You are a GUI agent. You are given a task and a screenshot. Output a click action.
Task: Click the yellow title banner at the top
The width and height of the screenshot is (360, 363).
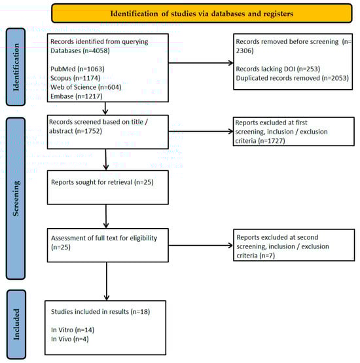tap(202, 13)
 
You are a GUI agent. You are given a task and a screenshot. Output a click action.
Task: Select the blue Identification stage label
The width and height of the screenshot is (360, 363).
tap(16, 67)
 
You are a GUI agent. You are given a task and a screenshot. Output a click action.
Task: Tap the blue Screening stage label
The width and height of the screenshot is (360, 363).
tap(16, 199)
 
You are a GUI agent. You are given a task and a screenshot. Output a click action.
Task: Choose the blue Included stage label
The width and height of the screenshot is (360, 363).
tap(16, 324)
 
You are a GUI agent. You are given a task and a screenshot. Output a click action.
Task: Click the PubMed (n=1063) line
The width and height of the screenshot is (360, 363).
tap(77, 69)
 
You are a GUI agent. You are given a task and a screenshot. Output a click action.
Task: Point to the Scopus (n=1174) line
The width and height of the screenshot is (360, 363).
tap(75, 78)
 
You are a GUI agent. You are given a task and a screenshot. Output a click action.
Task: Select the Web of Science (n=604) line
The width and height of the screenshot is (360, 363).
tap(86, 87)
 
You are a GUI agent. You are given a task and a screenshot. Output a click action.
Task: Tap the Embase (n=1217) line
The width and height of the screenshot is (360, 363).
tap(77, 96)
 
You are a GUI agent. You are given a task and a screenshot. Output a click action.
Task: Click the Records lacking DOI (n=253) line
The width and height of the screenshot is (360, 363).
tap(278, 69)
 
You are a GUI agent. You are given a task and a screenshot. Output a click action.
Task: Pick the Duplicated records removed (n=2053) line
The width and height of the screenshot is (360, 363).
tap(292, 78)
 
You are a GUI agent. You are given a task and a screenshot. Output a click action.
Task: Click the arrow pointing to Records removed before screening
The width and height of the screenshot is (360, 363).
tap(201, 63)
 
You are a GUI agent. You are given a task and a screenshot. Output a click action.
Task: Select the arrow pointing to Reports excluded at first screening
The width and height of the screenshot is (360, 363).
tap(201, 132)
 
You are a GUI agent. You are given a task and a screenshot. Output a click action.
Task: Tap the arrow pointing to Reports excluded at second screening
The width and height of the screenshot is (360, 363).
tap(201, 246)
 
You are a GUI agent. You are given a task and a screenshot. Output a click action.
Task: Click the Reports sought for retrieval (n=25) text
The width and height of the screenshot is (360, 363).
tap(102, 182)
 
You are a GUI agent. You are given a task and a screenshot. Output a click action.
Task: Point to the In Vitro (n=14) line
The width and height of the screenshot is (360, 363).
tap(73, 330)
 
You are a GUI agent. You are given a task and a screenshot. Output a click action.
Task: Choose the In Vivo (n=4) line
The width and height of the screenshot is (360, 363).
tap(70, 339)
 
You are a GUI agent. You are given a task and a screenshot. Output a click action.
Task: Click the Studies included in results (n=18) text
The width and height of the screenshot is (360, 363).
tap(100, 312)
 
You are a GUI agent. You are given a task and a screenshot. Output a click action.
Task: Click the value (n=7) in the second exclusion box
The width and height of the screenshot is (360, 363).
tap(267, 256)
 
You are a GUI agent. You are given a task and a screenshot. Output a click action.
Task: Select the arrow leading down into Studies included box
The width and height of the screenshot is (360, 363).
tap(107, 281)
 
